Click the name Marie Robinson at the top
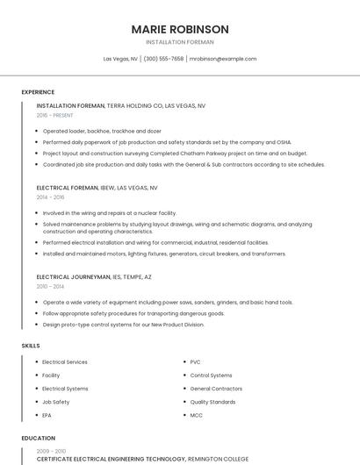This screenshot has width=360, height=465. click(179, 29)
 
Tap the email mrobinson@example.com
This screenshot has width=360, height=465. click(223, 59)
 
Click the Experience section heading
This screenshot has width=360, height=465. click(38, 92)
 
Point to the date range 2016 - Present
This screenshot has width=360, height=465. click(54, 115)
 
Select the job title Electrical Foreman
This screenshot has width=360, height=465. click(70, 188)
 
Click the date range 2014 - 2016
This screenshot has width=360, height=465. click(50, 197)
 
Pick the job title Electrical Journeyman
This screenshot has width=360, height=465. click(74, 276)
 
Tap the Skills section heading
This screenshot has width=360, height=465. click(31, 346)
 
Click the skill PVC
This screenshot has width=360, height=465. click(195, 362)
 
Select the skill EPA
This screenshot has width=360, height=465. click(47, 415)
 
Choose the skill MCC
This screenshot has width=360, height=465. click(196, 415)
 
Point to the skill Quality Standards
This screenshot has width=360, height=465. click(212, 402)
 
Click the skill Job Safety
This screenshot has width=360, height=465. click(55, 402)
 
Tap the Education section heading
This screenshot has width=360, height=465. click(38, 438)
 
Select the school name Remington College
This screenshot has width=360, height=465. click(219, 459)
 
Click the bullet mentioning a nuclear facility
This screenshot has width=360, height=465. click(109, 212)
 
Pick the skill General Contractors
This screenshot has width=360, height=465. click(216, 389)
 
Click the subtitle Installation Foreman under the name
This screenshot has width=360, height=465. click(179, 42)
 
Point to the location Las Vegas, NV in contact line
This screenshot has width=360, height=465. click(120, 59)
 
